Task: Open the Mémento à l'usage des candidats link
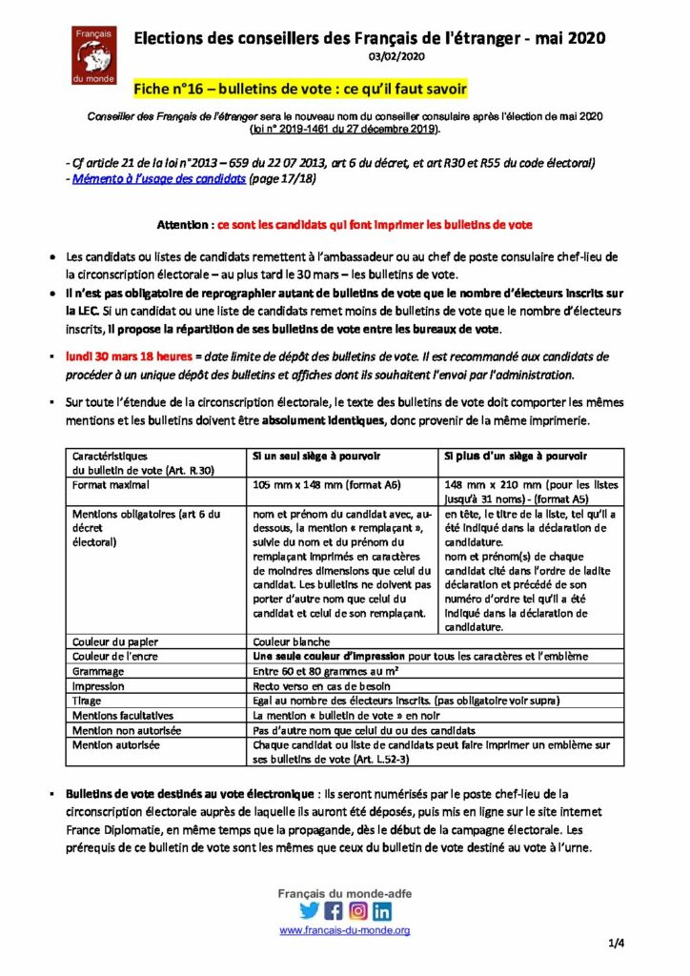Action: (156, 178)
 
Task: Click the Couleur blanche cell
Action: (291, 641)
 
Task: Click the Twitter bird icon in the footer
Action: (310, 910)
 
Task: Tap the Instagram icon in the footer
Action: (358, 910)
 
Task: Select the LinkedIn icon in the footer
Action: (382, 910)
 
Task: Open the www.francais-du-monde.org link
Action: (344, 930)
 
